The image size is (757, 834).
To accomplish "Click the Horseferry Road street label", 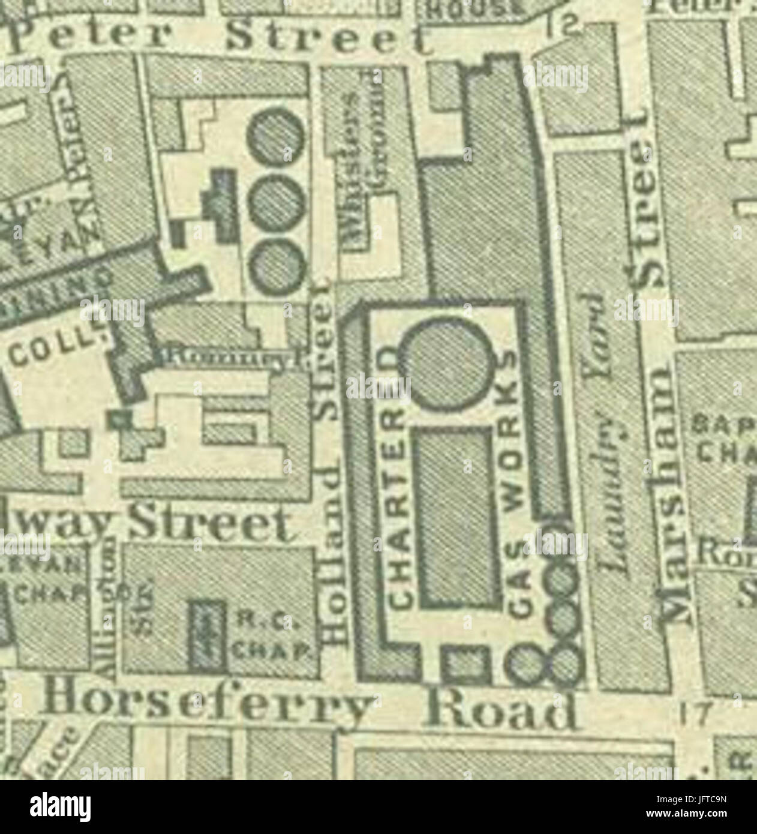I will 312,708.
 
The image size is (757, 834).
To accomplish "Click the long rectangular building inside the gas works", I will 457,519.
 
